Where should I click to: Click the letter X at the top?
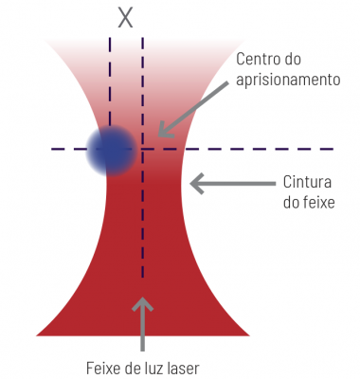(x=126, y=16)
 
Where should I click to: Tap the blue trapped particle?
(x=112, y=150)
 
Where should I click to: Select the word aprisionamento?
(x=288, y=81)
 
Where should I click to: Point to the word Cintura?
(x=305, y=182)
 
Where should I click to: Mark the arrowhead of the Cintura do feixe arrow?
(x=198, y=182)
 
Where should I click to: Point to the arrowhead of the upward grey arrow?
(x=142, y=304)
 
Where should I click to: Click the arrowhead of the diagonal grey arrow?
(x=164, y=132)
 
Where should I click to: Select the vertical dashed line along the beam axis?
(x=142, y=237)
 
